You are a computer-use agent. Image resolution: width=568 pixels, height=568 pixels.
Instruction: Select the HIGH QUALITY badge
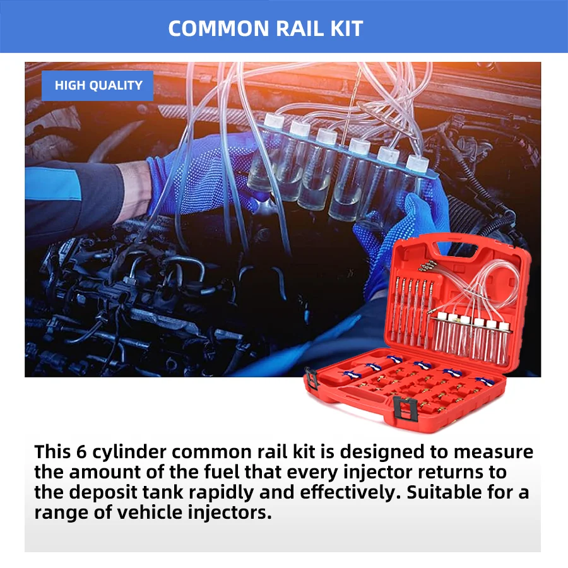point(98,86)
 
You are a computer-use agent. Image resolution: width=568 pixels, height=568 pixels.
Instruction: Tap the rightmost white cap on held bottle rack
point(415,163)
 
